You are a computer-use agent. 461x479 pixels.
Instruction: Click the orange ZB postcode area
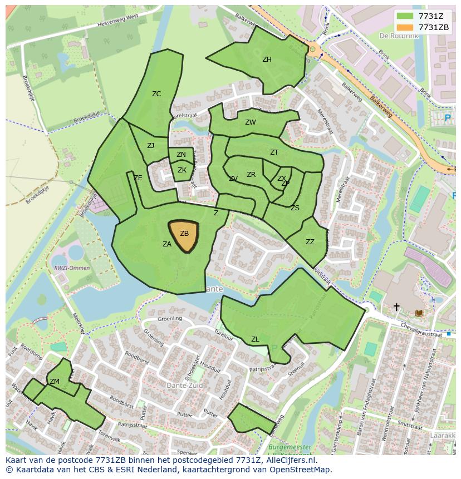coord(184,236)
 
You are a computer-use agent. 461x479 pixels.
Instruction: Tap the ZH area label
coord(267,60)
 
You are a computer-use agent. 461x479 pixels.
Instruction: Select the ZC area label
coord(156,94)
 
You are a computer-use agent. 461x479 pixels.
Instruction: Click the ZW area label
coord(251,122)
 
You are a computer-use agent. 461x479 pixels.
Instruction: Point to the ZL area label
coord(255,339)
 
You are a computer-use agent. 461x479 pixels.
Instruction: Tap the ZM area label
coord(55,382)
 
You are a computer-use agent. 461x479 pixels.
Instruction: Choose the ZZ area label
coord(310,242)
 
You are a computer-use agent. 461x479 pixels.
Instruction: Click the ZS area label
coord(295,208)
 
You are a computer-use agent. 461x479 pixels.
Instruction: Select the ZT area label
coord(274,152)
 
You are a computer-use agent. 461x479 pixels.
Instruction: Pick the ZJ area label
coord(150,146)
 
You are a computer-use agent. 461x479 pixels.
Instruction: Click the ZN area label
coord(181,155)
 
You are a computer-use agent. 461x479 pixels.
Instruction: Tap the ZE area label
coord(138,178)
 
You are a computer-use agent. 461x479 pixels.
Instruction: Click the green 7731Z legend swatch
coord(405,16)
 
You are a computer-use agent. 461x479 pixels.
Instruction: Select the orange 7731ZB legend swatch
coord(405,27)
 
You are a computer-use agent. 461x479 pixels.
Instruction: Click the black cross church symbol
coord(396,307)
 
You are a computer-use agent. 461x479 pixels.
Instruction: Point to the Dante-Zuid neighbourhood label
coord(185,385)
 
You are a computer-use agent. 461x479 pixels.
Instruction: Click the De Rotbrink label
coord(398,36)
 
